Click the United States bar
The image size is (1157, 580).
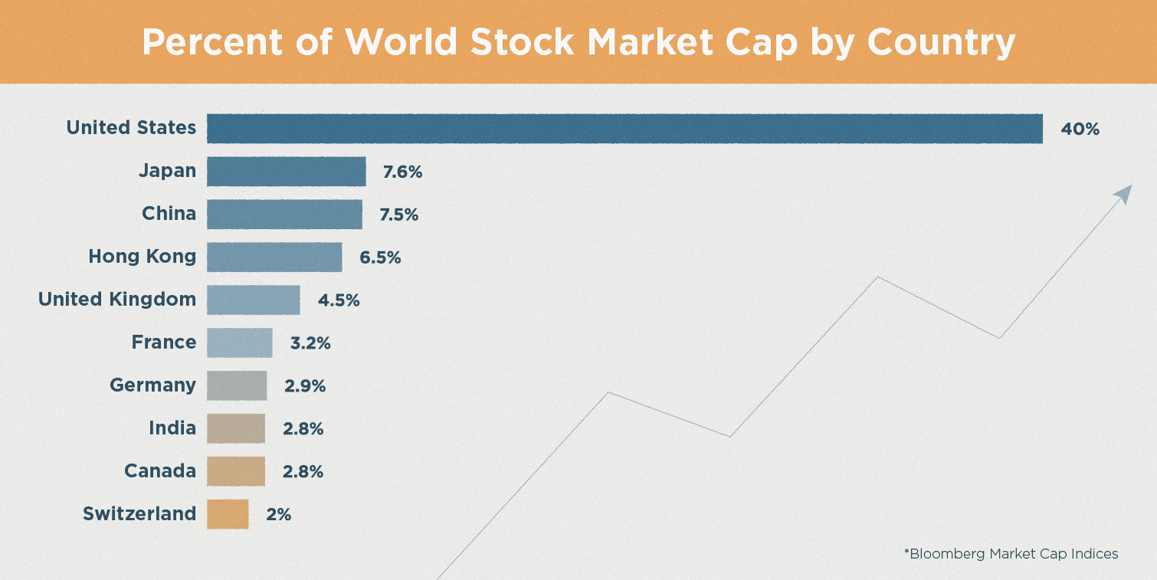[x=624, y=129]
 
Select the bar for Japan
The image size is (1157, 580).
[x=286, y=172]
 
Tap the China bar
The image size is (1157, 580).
[x=284, y=215]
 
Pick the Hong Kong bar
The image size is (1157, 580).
[x=274, y=257]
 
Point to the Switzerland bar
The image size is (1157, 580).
[x=228, y=514]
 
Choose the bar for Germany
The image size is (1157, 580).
[x=237, y=385]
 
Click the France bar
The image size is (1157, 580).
[x=239, y=342]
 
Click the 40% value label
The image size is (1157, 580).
[x=1080, y=129]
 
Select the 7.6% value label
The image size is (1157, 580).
[x=403, y=172]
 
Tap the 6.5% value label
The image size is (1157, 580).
[x=380, y=257]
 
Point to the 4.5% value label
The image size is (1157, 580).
[x=339, y=300]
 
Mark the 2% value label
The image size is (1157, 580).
[x=279, y=514]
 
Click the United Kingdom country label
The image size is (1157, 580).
[x=117, y=300]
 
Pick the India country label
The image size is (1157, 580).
[x=172, y=428]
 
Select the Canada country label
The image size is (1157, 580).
[x=160, y=470]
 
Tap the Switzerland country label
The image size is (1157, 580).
[x=139, y=513]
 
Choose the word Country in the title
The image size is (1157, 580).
[x=941, y=42]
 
